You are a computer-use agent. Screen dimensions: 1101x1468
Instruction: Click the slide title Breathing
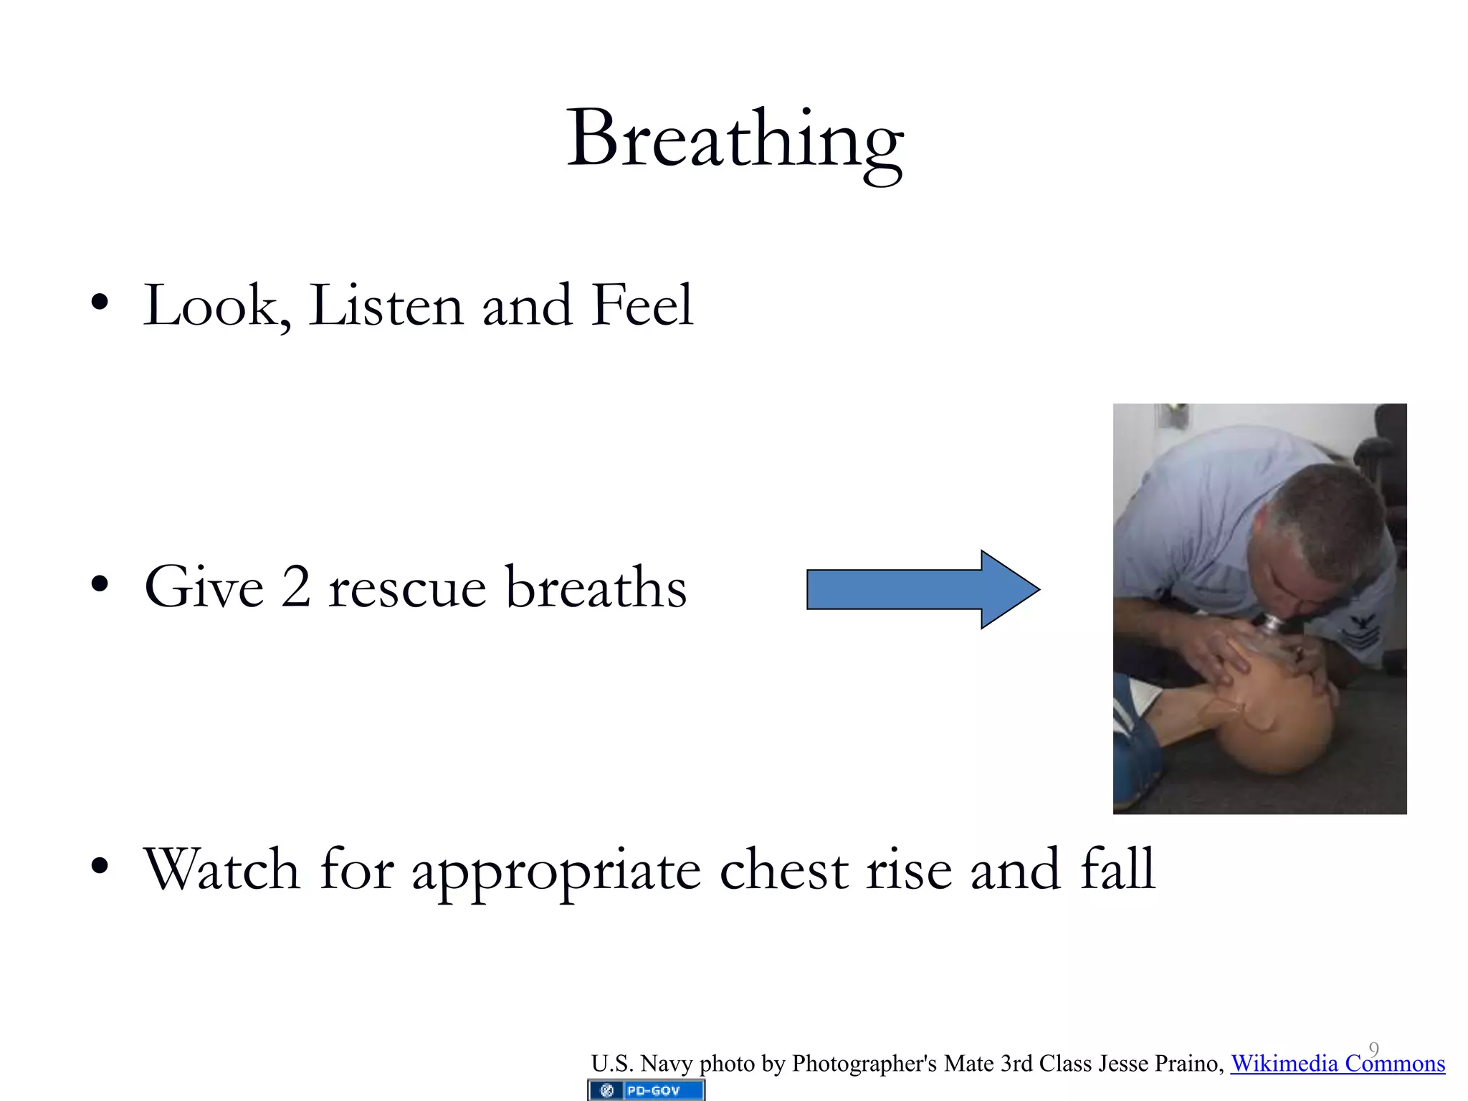[734, 140]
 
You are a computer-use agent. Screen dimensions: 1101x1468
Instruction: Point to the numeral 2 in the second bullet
[295, 588]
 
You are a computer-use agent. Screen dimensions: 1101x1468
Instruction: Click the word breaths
[596, 588]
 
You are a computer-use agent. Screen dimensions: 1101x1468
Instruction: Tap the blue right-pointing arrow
[922, 589]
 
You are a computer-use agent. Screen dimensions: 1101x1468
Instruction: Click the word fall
[1117, 869]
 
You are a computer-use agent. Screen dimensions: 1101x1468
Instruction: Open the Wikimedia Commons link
[1338, 1064]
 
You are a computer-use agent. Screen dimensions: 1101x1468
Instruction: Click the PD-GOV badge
[647, 1090]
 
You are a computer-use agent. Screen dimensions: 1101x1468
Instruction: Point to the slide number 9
[1373, 1049]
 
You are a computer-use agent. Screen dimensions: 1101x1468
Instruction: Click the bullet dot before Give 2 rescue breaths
[100, 584]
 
